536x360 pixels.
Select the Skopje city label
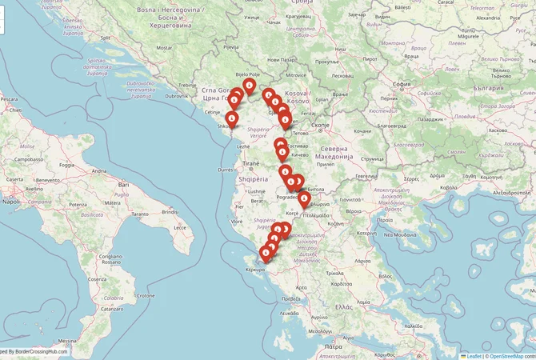320,125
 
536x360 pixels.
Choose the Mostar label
165,48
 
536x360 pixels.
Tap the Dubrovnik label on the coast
177,96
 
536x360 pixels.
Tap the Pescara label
9,98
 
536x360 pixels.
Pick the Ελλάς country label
344,306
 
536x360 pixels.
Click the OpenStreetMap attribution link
512,356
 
